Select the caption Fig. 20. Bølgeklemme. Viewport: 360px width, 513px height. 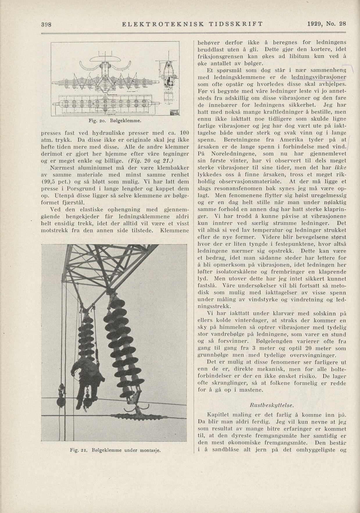tap(115, 120)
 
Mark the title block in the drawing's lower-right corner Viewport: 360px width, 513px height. tap(174, 113)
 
